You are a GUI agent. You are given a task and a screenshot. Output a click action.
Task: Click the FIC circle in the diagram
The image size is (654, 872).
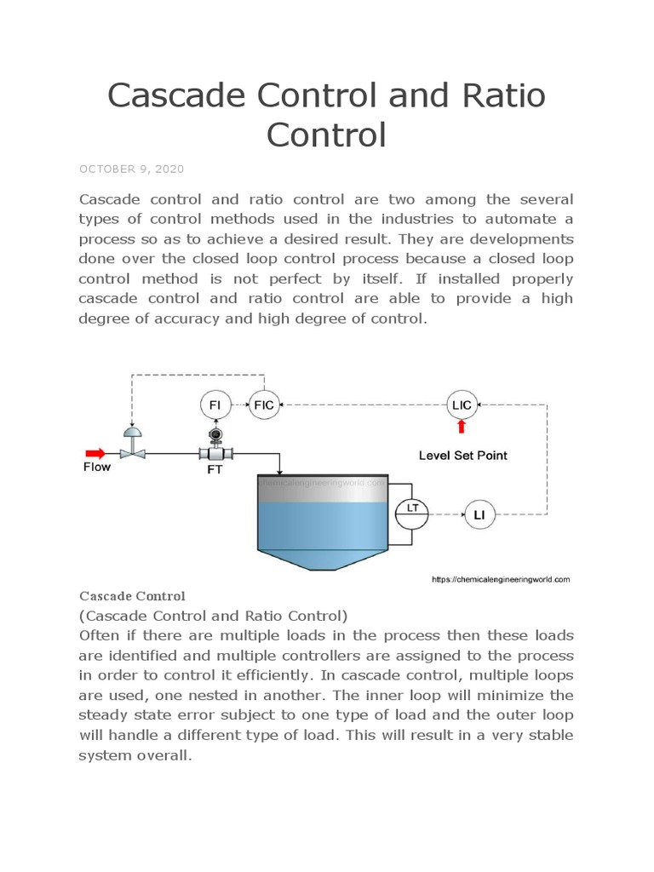click(264, 404)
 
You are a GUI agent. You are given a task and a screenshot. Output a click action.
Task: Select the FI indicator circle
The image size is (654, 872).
click(215, 404)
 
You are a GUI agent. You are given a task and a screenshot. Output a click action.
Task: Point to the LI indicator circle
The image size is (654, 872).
click(478, 513)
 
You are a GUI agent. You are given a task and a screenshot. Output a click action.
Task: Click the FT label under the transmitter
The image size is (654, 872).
click(215, 470)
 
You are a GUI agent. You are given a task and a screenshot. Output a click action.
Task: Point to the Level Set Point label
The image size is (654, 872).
click(462, 456)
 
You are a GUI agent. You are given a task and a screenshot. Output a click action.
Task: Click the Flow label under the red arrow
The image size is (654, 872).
click(96, 468)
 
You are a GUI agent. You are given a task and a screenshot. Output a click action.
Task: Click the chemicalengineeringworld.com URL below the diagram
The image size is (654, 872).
click(501, 580)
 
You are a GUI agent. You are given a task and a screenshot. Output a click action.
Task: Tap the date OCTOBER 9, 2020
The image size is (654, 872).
click(131, 169)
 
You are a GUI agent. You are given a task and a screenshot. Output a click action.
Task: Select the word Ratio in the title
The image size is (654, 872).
click(499, 96)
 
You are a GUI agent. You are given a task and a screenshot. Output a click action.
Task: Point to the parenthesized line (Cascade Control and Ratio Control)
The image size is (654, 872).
click(213, 615)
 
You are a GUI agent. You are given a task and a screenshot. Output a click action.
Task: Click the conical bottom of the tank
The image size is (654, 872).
click(323, 559)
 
